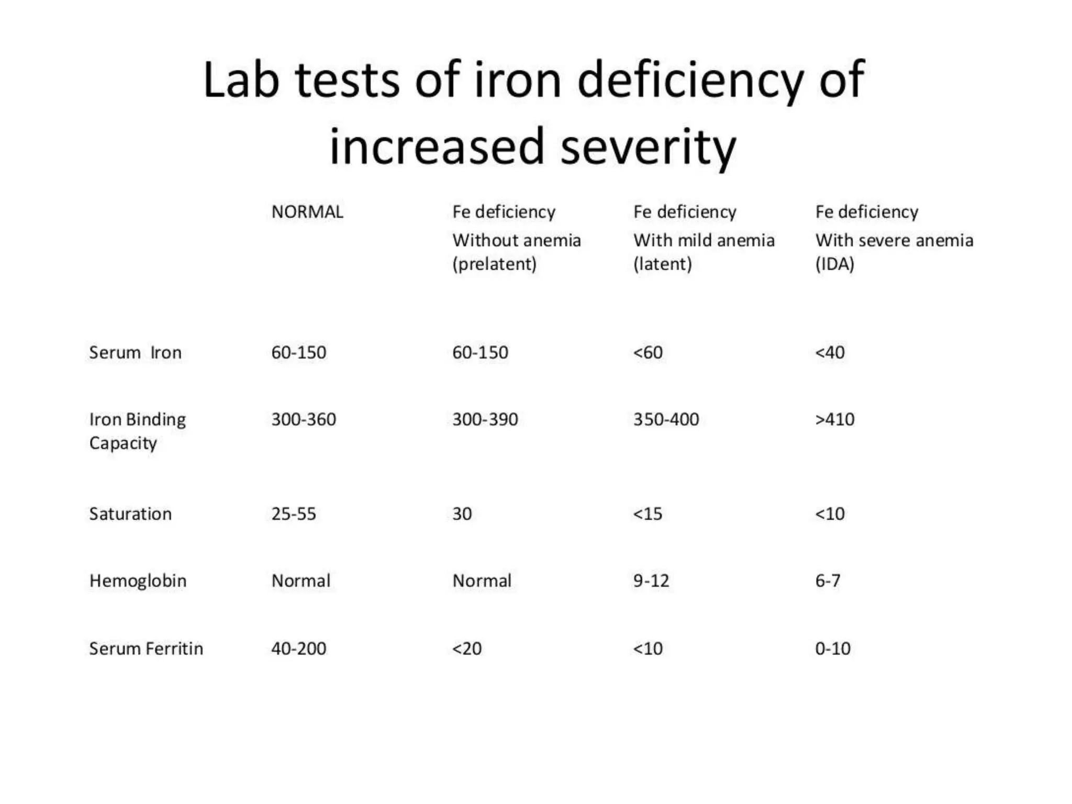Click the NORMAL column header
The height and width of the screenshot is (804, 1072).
coord(307,212)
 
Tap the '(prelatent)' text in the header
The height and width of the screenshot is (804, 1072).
coord(494,264)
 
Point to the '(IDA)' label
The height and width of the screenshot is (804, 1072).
coord(834,264)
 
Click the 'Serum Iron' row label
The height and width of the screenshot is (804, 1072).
coord(135,352)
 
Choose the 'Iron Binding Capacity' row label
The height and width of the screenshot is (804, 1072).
coord(137,431)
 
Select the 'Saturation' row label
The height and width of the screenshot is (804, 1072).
coord(130,514)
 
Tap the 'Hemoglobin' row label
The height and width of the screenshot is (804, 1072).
coord(138,581)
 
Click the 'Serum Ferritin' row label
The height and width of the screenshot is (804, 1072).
coord(146,649)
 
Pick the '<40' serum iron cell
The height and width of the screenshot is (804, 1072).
coord(830,352)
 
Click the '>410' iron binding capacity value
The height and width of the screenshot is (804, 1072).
coord(834,419)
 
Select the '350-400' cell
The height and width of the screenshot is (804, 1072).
coord(666,419)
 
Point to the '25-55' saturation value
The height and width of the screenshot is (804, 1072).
coord(294,514)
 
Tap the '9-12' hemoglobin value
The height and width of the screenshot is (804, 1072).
coord(651,581)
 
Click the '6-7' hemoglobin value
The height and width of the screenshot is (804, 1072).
coord(828,581)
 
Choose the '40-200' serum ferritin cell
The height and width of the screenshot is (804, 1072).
coord(298,649)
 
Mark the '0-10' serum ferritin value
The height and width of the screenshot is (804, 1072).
coord(832,649)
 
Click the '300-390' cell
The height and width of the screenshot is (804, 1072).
coord(485,419)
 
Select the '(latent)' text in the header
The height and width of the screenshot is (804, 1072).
coord(662,264)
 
